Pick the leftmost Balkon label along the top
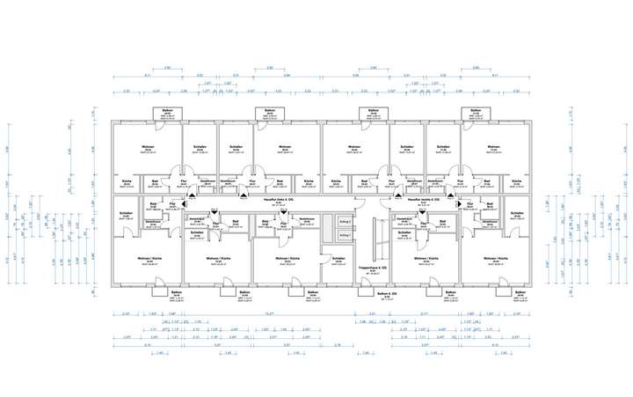tap(166, 110)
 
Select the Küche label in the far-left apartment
tap(127, 181)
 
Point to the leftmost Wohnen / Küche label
tap(150, 258)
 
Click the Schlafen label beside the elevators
tap(338, 258)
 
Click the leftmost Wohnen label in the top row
tap(150, 147)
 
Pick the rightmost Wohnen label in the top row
tap(494, 147)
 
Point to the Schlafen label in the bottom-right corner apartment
tap(520, 214)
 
